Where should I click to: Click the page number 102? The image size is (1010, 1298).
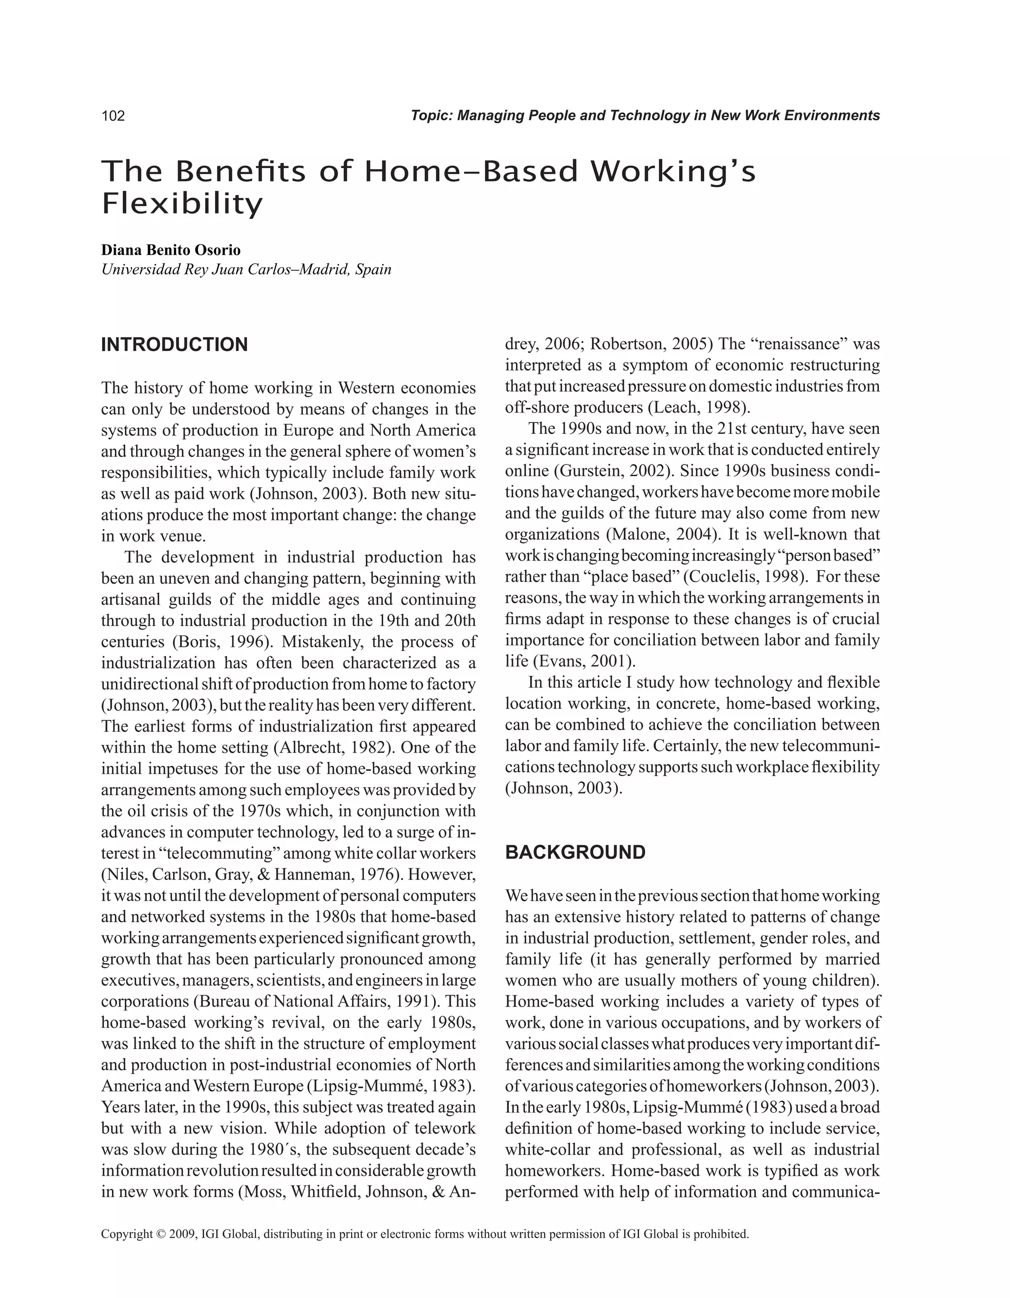pyautogui.click(x=113, y=116)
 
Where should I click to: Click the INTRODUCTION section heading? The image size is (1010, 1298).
pyautogui.click(x=174, y=345)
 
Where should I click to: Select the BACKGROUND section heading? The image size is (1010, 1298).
pyautogui.click(x=575, y=852)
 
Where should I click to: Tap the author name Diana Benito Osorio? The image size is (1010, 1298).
pyautogui.click(x=171, y=250)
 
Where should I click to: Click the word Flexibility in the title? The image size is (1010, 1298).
pyautogui.click(x=182, y=204)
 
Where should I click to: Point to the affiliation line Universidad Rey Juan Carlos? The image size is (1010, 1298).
pyautogui.click(x=246, y=270)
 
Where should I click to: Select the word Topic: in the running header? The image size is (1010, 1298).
pyautogui.click(x=432, y=116)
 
